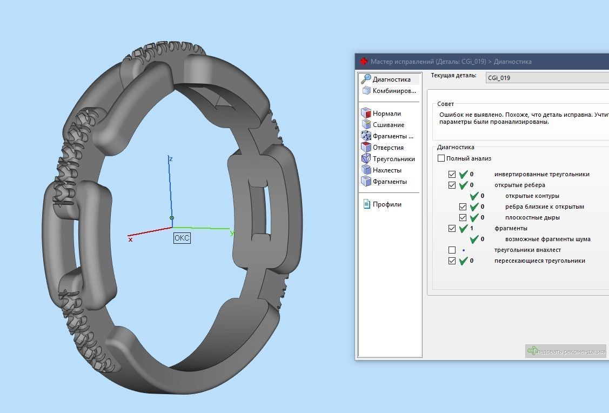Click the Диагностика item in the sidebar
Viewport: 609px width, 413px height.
391,79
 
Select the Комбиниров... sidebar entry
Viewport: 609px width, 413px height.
394,91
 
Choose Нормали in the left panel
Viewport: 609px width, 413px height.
386,114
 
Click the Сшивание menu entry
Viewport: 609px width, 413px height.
388,125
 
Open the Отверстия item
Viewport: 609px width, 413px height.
388,148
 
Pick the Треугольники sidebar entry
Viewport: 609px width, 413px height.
393,159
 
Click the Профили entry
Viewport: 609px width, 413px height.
387,204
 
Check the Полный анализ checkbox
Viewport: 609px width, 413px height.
441,158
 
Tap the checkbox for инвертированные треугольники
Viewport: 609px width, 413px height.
452,175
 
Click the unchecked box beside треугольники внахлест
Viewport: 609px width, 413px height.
452,250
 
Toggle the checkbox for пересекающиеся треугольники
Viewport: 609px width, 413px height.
452,261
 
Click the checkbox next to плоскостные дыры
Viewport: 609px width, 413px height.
463,218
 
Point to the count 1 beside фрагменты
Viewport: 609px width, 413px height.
472,229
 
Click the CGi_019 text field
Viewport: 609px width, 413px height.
546,78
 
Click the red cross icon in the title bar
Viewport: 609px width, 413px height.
364,62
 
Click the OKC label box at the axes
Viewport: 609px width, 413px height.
182,238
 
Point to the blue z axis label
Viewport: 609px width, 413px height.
171,159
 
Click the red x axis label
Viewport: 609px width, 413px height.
130,239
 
